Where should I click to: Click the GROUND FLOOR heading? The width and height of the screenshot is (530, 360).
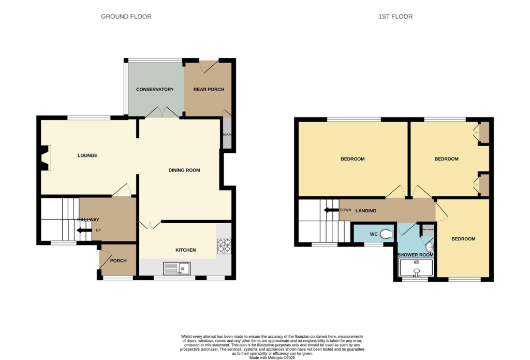[x=126, y=17]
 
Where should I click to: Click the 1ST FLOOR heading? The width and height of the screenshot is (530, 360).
[x=395, y=17]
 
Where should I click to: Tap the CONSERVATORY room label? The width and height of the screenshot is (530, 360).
[x=155, y=90]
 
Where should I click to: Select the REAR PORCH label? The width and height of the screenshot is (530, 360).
[x=209, y=90]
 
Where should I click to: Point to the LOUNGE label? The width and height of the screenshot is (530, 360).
[x=87, y=155]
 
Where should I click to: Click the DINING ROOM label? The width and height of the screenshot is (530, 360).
[x=184, y=170]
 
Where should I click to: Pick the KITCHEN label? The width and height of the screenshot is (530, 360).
[x=185, y=250]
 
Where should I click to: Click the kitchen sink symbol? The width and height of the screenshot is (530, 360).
[x=176, y=268]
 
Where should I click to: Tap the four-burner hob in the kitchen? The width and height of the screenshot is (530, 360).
[x=224, y=246]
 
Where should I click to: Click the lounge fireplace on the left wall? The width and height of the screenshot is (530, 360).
[x=45, y=158]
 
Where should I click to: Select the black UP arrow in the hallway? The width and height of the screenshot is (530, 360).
[x=83, y=230]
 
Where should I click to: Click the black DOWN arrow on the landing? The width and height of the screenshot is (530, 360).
[x=330, y=210]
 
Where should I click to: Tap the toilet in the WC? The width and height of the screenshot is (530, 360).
[x=386, y=234]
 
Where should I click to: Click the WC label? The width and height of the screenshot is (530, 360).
[x=374, y=234]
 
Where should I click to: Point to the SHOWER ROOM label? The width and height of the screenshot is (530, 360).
[x=415, y=255]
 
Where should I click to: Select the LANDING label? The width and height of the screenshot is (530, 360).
[x=365, y=211]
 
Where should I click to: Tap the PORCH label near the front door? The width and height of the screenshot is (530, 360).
[x=119, y=261]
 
